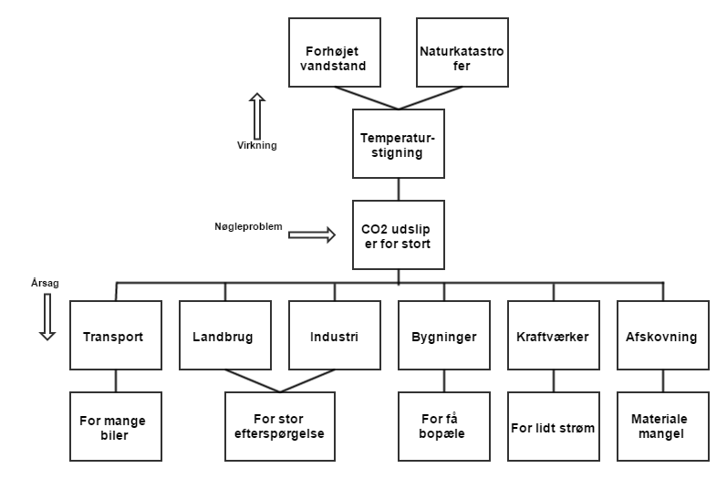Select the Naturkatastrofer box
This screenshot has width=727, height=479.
click(x=462, y=52)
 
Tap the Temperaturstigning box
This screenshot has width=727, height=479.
click(x=398, y=144)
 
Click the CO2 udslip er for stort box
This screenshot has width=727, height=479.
click(x=398, y=234)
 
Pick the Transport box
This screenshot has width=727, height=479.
click(x=115, y=336)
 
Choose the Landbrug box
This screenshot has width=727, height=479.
click(x=224, y=336)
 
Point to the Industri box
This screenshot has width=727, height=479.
click(x=334, y=336)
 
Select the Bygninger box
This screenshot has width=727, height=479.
click(x=443, y=336)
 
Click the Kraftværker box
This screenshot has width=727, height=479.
click(x=553, y=336)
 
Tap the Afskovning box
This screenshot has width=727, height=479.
click(x=662, y=336)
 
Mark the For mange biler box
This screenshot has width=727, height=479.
click(x=115, y=426)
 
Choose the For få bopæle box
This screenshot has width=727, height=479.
click(x=443, y=426)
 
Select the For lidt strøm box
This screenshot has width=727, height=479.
click(x=553, y=426)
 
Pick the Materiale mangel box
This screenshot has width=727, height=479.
click(x=662, y=426)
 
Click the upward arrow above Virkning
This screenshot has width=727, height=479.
click(x=257, y=113)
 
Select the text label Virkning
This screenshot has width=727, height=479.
click(x=256, y=145)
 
